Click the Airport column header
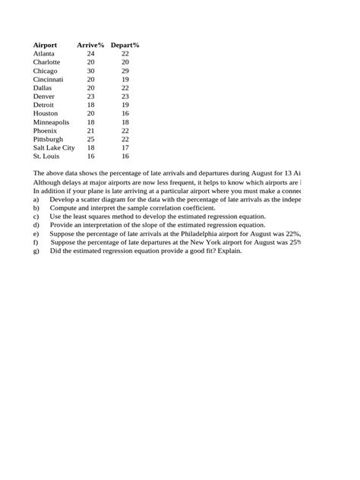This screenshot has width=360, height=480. coord(45,46)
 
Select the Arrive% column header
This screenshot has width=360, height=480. coord(90,46)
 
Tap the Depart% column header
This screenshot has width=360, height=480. coord(125,46)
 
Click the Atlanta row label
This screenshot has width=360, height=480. coord(44,54)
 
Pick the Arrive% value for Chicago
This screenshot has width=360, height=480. coord(90,71)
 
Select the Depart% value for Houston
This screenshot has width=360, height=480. coord(125,113)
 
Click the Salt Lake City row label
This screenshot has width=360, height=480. coord(54,147)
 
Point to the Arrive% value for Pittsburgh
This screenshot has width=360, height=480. coord(90,139)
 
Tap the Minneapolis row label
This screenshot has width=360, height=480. coord(51,122)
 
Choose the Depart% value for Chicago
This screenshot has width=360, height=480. coord(125,71)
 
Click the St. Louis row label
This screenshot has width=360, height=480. coord(46,156)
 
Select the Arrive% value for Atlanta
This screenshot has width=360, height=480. coord(90,54)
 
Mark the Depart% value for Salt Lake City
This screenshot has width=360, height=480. coord(125,147)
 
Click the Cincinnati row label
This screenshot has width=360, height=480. coord(49,79)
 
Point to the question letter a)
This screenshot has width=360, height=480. coord(36,198)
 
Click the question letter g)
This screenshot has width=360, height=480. coord(36,251)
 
